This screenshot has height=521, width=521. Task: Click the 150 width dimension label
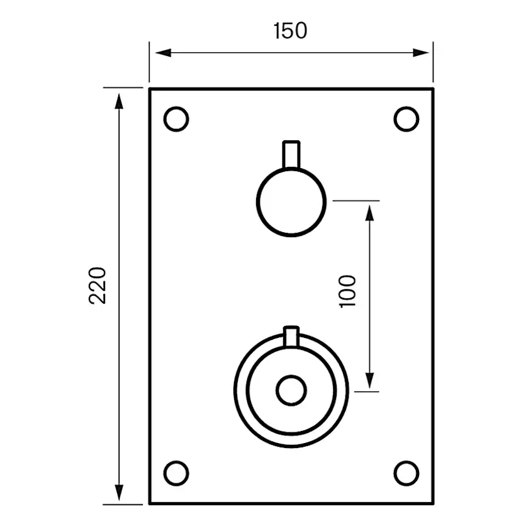291,30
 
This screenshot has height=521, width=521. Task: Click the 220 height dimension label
98,285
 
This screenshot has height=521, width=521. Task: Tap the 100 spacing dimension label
347,291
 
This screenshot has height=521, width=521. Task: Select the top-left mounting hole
176,119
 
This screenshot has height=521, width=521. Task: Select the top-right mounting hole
406,119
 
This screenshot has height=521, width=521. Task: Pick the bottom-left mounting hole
176,472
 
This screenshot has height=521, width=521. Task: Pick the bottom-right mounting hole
406,472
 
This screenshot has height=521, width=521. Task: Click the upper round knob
291,201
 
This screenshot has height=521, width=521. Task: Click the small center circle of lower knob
291,391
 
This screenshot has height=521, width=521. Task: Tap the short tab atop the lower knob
291,335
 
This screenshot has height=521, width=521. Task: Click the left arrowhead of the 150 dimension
157,52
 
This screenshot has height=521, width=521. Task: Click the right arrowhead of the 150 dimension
425,52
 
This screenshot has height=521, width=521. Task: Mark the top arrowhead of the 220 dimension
119,98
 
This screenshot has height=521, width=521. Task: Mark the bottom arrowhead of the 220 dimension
119,495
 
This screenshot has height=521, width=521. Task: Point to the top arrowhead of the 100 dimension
369,211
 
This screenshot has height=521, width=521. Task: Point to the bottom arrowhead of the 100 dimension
369,381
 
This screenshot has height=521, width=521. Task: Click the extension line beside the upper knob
356,201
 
